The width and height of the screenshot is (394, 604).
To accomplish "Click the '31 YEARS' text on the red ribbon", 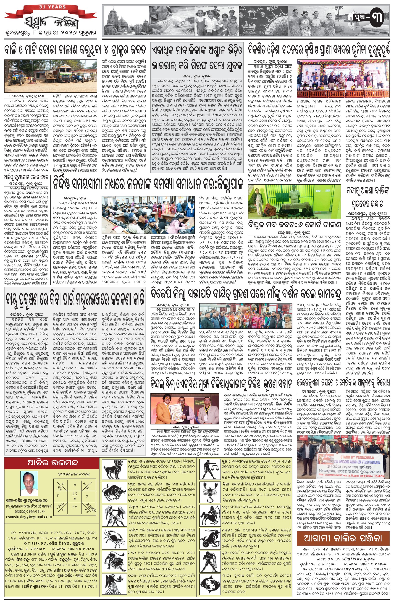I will tap(52, 7).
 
